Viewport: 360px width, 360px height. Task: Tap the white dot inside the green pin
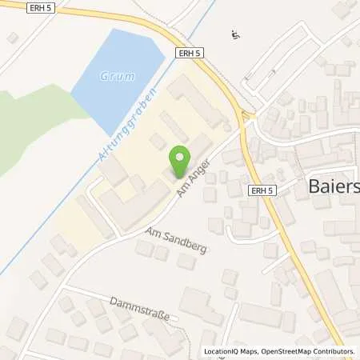tap(180, 157)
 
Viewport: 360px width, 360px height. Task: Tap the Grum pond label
tap(118, 77)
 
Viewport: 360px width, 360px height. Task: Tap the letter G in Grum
tap(105, 77)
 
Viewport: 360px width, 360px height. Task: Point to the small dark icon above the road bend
tap(234, 34)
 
